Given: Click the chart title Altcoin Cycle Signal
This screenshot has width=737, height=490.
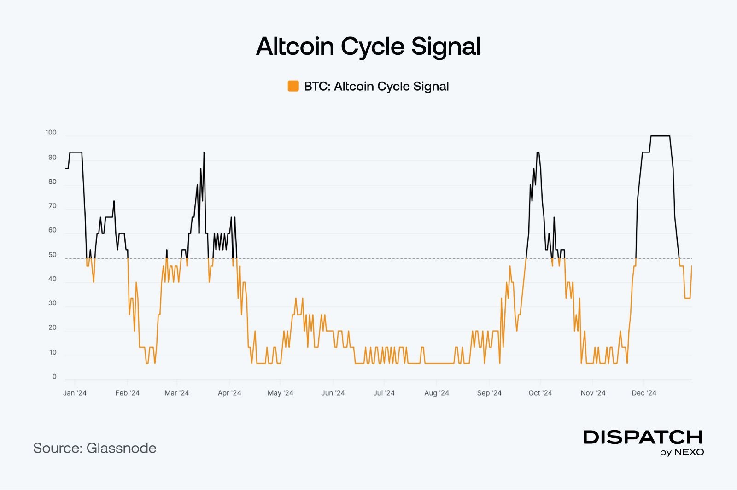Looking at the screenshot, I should [x=368, y=47].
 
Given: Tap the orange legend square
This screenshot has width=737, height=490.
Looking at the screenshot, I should [x=293, y=86].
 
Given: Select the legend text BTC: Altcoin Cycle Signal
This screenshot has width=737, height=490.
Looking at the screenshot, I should [x=376, y=87].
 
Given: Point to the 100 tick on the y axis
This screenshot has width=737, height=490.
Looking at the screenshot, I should [x=51, y=133].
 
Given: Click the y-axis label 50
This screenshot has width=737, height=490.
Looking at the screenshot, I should [x=53, y=255].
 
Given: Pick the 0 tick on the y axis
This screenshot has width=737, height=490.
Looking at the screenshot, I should [x=54, y=377].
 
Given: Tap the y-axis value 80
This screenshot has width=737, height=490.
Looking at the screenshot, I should [x=53, y=181].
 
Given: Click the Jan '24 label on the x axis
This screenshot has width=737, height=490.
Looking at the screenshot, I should [x=75, y=393].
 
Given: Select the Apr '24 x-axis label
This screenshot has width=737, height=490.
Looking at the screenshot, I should [x=229, y=393].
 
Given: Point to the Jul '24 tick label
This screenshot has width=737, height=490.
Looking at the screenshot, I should [x=384, y=393].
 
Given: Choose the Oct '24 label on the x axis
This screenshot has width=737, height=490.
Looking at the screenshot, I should [x=540, y=393].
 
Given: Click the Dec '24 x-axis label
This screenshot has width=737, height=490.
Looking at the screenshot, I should [x=644, y=393].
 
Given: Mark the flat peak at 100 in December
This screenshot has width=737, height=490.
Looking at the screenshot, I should [x=660, y=136].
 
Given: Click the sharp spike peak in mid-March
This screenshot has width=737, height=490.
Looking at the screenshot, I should [x=204, y=152].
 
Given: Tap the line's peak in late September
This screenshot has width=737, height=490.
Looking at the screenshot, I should [x=538, y=152].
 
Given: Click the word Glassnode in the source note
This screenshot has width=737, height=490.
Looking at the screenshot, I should [x=121, y=448].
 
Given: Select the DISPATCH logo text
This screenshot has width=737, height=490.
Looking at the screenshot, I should [x=643, y=437].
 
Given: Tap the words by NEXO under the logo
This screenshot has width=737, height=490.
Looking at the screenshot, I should [x=682, y=452].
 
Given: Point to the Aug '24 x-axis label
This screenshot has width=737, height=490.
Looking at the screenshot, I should [x=437, y=393].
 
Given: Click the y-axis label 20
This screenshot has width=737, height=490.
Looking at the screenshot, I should [x=53, y=328].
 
